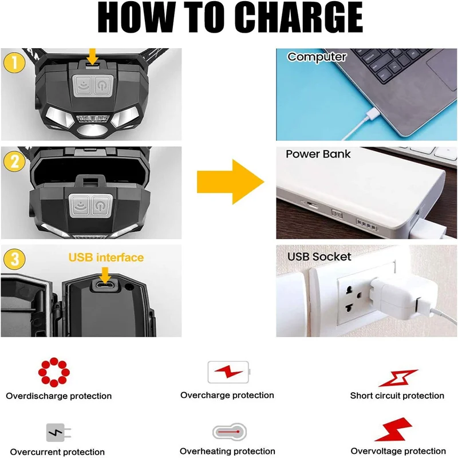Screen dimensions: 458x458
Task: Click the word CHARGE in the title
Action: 302,17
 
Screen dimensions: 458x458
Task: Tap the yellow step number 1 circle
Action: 14,63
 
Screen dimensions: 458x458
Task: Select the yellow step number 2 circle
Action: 14,161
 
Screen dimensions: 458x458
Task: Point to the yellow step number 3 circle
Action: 14,259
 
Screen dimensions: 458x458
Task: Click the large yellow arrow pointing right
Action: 231,181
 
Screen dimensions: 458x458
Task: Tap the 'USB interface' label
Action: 106,257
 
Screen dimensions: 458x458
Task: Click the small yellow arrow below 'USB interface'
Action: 105,275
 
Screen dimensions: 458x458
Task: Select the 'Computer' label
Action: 317,57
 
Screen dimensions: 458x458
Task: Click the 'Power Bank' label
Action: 318,154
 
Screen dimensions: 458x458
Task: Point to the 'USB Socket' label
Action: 319,256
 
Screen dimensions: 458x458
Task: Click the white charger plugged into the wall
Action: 402,297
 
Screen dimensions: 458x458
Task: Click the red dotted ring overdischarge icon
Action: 54,372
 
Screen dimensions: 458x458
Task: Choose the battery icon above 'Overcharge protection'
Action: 229,372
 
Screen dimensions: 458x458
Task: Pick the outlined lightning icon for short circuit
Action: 398,378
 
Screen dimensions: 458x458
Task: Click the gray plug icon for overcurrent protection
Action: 58,433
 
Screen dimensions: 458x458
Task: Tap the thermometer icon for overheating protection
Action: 230,432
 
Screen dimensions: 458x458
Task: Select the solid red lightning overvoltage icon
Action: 393,429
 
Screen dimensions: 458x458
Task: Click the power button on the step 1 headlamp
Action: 102,85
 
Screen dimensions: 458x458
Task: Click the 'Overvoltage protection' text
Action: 398,451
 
